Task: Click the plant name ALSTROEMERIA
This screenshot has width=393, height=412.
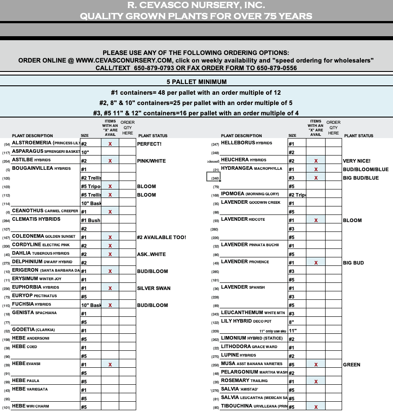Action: (x=32, y=143)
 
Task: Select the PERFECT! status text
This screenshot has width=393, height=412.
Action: (x=149, y=144)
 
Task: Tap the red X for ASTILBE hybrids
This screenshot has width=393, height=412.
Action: (x=110, y=161)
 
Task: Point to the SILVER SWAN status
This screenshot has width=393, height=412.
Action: (x=154, y=288)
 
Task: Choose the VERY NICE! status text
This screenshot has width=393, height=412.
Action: (x=357, y=161)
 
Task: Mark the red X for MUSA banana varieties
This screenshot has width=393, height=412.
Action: (x=316, y=365)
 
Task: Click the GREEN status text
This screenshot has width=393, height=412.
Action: (x=351, y=365)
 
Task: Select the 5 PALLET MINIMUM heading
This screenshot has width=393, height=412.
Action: (x=196, y=82)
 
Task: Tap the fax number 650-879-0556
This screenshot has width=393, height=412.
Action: (x=277, y=68)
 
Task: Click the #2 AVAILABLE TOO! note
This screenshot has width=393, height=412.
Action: (x=161, y=237)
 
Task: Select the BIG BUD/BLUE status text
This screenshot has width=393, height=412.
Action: (x=361, y=178)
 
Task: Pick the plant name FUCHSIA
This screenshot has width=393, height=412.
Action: (x=23, y=304)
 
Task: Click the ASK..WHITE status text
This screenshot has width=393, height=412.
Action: (x=151, y=254)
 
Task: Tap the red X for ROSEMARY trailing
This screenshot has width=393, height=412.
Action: (x=316, y=382)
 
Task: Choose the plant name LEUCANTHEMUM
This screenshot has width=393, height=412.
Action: (x=245, y=313)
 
